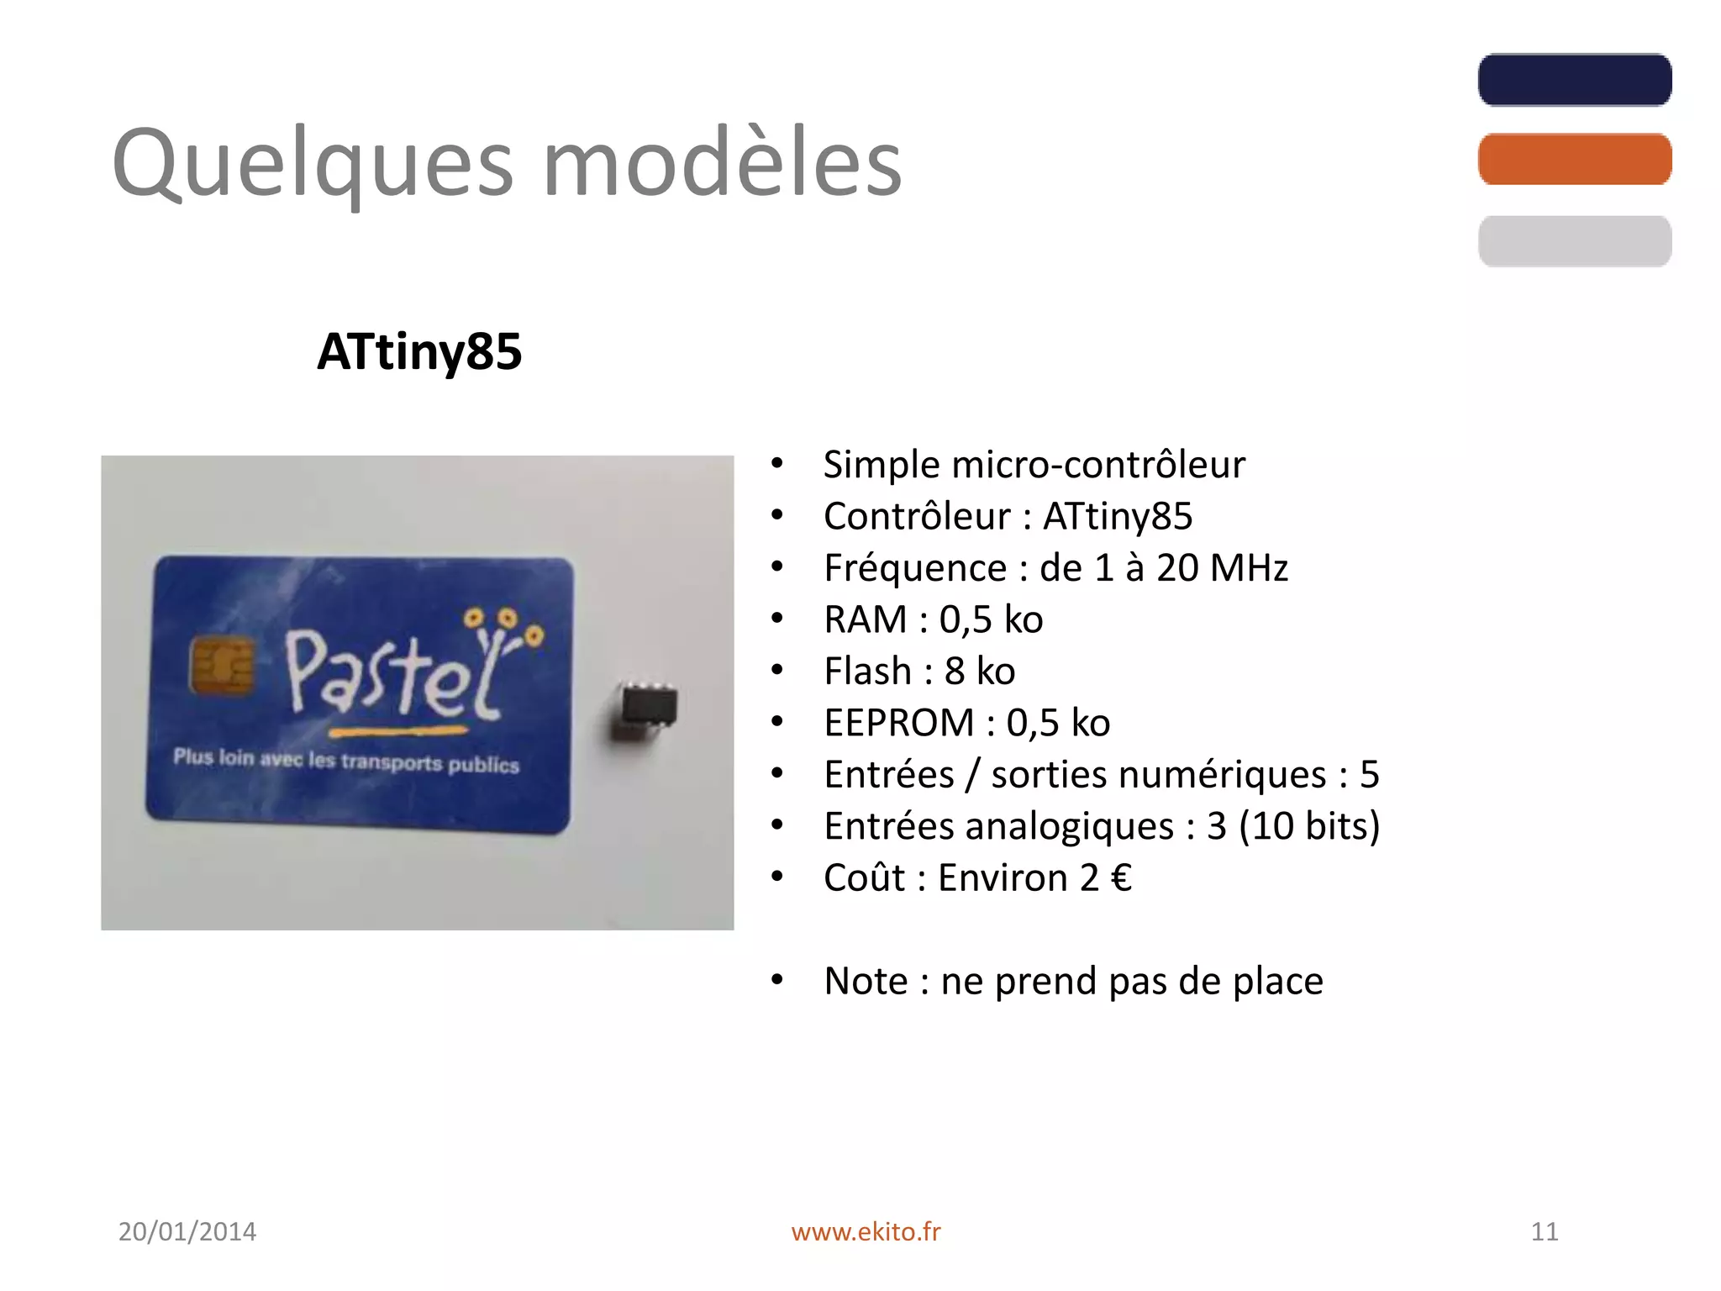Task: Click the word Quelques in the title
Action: (312, 164)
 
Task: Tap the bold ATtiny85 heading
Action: (419, 351)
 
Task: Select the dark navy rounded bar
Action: (1574, 80)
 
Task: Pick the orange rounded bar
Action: (1574, 159)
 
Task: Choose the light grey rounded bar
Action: (1574, 241)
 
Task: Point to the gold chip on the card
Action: (222, 666)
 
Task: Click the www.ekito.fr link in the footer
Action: (866, 1231)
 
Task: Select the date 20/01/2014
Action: (187, 1231)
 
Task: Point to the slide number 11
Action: (1545, 1231)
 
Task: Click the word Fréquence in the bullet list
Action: (915, 568)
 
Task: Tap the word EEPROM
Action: (898, 723)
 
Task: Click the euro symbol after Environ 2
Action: (1121, 878)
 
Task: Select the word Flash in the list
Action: (867, 672)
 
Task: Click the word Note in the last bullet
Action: (866, 982)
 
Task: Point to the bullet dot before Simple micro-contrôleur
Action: (777, 464)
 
